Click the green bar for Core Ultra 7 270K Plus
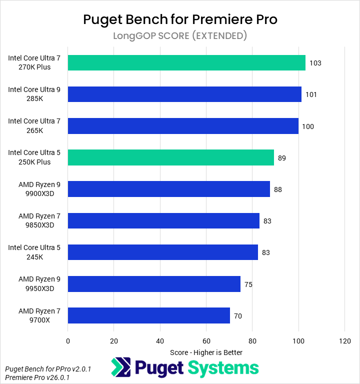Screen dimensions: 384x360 186,62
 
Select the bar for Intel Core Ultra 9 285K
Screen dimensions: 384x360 184,94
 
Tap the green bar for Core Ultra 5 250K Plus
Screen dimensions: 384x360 171,157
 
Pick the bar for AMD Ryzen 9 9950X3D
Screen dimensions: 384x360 154,284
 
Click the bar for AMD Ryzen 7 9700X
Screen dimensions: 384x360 149,315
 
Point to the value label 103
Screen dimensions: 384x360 315,63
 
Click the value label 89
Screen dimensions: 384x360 282,158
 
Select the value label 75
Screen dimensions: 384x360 248,284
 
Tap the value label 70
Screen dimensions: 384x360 238,316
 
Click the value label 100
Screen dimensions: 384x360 308,126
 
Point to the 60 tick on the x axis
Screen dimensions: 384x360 206,341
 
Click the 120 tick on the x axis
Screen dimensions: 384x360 344,341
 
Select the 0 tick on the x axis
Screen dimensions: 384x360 68,341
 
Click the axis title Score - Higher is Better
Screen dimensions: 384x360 206,352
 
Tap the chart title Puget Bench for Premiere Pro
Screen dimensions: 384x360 180,19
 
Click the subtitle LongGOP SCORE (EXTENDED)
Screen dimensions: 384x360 180,36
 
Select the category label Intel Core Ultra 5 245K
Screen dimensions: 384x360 34,252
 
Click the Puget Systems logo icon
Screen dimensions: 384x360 120,368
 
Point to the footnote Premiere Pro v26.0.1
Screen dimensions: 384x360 37,377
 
